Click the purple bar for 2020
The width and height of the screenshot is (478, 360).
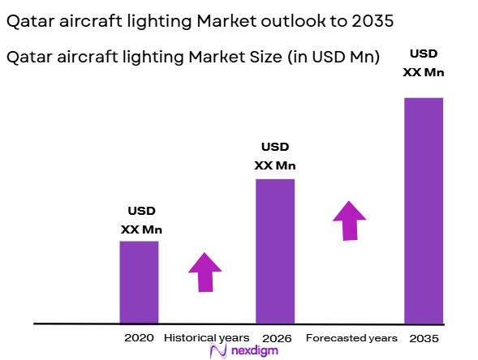(x=139, y=282)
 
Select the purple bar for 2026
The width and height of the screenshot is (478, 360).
(x=275, y=251)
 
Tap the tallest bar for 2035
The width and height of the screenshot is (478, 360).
(x=423, y=210)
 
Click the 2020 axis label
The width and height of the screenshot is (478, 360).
(x=139, y=337)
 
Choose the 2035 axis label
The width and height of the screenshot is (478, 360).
(x=423, y=337)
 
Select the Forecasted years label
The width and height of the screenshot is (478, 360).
(x=351, y=337)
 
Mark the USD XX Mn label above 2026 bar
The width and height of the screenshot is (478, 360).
(x=275, y=156)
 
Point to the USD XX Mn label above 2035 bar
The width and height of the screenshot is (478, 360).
(x=424, y=63)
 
